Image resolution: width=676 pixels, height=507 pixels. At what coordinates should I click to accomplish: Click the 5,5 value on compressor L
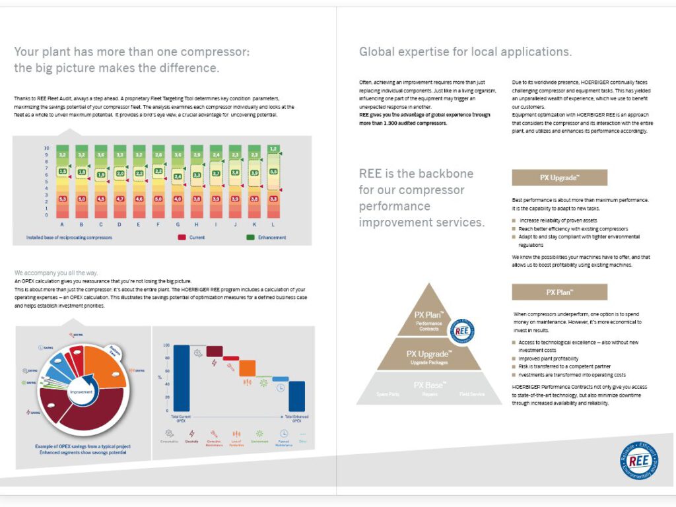[x=274, y=172]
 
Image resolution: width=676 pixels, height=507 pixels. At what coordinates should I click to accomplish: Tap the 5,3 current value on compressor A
[x=63, y=198]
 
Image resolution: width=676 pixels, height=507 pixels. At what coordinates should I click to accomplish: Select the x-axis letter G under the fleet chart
[x=178, y=224]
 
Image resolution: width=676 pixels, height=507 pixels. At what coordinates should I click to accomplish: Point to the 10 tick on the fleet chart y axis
[x=46, y=148]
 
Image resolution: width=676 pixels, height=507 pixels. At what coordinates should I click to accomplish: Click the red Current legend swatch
[x=182, y=237]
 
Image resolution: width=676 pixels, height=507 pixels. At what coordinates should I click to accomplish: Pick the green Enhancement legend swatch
[x=251, y=237]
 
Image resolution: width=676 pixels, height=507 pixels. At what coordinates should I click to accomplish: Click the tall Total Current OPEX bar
[x=182, y=378]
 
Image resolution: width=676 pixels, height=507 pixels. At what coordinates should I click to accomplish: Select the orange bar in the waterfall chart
[x=247, y=368]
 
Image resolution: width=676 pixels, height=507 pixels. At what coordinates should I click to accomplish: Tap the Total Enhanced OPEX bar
[x=297, y=396]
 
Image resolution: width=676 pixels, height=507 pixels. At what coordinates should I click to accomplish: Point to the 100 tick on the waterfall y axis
[x=167, y=345]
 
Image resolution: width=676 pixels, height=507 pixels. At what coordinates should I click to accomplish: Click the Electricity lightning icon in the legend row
[x=192, y=434]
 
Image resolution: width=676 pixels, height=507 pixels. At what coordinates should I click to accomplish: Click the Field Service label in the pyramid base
[x=472, y=394]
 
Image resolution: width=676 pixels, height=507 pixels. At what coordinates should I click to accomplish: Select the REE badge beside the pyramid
[x=462, y=330]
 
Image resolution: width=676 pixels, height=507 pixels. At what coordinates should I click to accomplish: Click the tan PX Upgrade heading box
[x=559, y=178]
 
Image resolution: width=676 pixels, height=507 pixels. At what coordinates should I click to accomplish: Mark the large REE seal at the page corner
[x=638, y=460]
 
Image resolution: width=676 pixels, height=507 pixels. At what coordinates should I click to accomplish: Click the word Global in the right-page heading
[x=376, y=51]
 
